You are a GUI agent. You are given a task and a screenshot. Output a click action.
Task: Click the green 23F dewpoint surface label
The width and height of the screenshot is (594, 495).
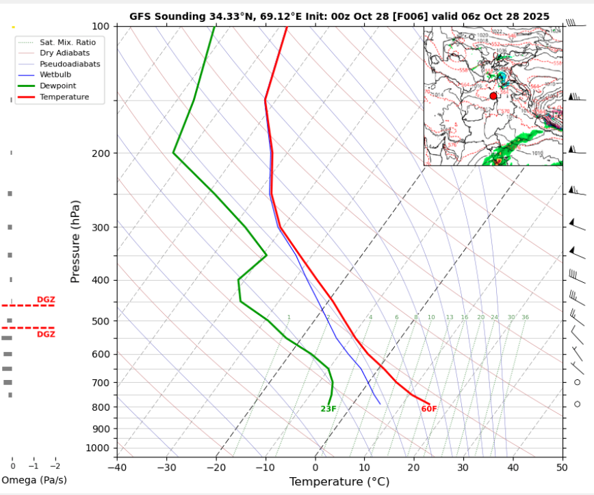pos(328,409)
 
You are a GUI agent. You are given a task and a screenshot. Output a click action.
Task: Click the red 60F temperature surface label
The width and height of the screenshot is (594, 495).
pos(429,409)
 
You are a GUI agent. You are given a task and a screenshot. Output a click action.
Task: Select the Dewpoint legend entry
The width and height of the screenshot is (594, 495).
pos(57,86)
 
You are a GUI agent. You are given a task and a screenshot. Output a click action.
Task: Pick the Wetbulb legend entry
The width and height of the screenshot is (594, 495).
pos(55,75)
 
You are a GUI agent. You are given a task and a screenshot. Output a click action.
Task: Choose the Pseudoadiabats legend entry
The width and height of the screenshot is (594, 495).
pos(69,64)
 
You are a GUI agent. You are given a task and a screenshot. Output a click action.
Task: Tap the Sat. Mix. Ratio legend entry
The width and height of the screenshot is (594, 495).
pos(67,42)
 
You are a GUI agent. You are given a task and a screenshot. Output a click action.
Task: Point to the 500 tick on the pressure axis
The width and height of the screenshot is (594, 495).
pos(101,321)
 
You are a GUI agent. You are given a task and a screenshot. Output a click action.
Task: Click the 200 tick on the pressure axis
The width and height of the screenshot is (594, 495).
pos(101,153)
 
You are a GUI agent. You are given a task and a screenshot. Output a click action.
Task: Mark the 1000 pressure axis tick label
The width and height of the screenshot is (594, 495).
pos(98,448)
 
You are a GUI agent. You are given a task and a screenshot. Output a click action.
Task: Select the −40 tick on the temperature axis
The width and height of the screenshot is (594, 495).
pos(117,468)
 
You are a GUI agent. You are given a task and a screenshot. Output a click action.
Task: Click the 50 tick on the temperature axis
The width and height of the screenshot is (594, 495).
pos(562,468)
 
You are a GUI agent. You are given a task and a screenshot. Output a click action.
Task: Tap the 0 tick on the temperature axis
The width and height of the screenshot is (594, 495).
pos(315,468)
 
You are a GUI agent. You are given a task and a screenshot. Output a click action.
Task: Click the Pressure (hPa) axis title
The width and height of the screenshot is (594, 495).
pos(75,242)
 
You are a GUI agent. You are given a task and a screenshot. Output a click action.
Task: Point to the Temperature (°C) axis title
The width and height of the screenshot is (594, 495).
pos(339,482)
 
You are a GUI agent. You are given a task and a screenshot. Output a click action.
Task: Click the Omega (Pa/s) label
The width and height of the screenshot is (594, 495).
pos(34,480)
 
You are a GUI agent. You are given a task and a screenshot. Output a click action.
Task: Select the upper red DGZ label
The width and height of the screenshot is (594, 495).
pos(46,300)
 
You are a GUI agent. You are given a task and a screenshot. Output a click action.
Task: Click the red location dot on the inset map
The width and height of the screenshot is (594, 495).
pos(493,96)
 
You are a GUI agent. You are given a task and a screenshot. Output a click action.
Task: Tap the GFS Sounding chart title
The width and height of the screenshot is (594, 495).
pos(339,15)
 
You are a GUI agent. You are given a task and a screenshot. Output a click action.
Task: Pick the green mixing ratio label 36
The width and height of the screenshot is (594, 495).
pos(525,318)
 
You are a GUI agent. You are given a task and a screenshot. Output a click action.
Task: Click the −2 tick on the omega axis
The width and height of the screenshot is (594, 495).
pos(55,465)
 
